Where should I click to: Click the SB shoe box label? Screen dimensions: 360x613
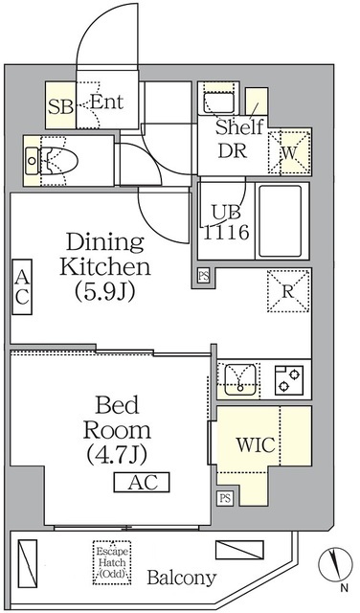point(60,106)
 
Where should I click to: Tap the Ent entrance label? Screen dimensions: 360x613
point(106,102)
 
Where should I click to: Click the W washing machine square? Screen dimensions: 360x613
point(289,153)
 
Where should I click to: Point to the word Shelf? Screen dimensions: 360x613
point(239,127)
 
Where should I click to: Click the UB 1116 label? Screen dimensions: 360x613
point(226,222)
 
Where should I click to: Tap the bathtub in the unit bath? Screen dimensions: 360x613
point(281,221)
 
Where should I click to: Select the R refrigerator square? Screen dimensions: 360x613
point(288,291)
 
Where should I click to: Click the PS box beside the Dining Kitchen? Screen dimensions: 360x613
point(203,276)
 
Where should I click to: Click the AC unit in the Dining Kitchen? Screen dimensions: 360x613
point(22,287)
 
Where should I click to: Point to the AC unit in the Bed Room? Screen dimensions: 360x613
point(142,483)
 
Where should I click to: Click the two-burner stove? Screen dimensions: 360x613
point(289,380)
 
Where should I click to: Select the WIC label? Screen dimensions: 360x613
point(256,444)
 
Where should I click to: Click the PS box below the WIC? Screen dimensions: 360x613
point(225,498)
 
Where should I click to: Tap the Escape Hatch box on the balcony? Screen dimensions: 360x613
point(112,562)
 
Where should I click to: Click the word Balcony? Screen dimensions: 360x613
point(182,578)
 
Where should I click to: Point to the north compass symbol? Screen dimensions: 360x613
point(333,566)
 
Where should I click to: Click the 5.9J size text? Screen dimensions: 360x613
point(104,291)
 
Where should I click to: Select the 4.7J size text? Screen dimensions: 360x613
point(117,454)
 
